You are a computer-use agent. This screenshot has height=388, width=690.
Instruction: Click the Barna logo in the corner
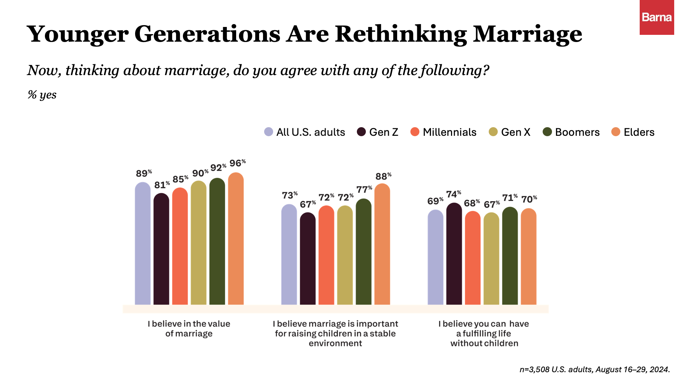point(657,17)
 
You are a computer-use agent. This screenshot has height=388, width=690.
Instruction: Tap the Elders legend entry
point(633,132)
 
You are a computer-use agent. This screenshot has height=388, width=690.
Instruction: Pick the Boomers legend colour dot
point(547,132)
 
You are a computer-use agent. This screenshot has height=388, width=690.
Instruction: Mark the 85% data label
point(180,179)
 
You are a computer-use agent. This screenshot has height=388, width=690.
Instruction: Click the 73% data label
point(290,195)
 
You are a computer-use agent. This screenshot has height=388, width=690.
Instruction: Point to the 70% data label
point(529,199)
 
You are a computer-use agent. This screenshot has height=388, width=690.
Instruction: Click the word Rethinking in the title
point(401,34)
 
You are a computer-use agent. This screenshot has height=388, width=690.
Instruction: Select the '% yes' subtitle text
point(42,95)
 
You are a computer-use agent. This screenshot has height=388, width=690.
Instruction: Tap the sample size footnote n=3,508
point(594,369)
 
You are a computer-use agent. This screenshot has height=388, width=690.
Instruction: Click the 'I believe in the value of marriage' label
point(189,328)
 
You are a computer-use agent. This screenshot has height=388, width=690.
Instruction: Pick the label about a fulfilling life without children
point(484,333)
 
